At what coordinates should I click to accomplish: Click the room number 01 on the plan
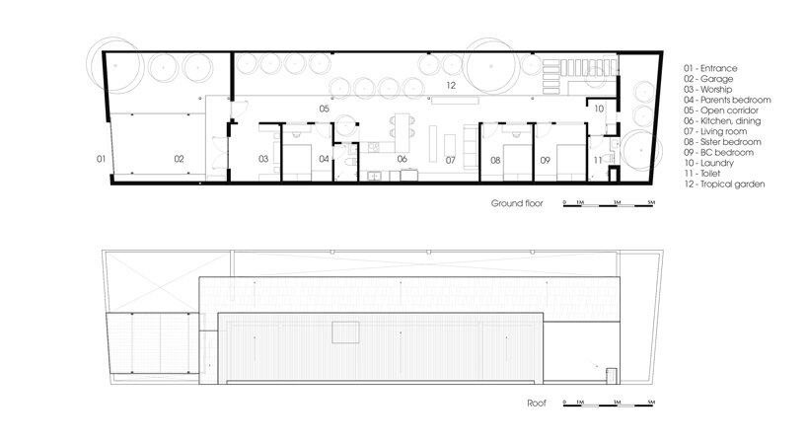[101, 159]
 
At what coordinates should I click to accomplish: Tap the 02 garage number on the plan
[179, 159]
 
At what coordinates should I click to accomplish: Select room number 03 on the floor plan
[263, 159]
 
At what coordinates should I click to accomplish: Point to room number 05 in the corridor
[324, 109]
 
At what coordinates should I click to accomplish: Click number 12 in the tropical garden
[451, 86]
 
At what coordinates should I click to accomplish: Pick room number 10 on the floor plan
[599, 109]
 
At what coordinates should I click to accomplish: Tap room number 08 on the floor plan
[495, 161]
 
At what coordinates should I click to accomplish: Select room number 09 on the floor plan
[545, 161]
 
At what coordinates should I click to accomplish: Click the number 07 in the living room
[450, 161]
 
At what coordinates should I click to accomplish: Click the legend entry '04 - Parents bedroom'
[727, 100]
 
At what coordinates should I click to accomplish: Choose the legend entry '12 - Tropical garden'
[724, 184]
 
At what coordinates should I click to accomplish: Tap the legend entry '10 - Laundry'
[708, 163]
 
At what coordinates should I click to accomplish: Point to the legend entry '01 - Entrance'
[710, 68]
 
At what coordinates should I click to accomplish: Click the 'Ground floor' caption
[517, 203]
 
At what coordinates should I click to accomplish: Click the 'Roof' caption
[537, 404]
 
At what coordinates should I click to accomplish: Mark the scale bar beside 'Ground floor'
[609, 205]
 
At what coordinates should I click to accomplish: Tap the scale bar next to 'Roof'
[609, 405]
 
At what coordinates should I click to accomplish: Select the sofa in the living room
[471, 146]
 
